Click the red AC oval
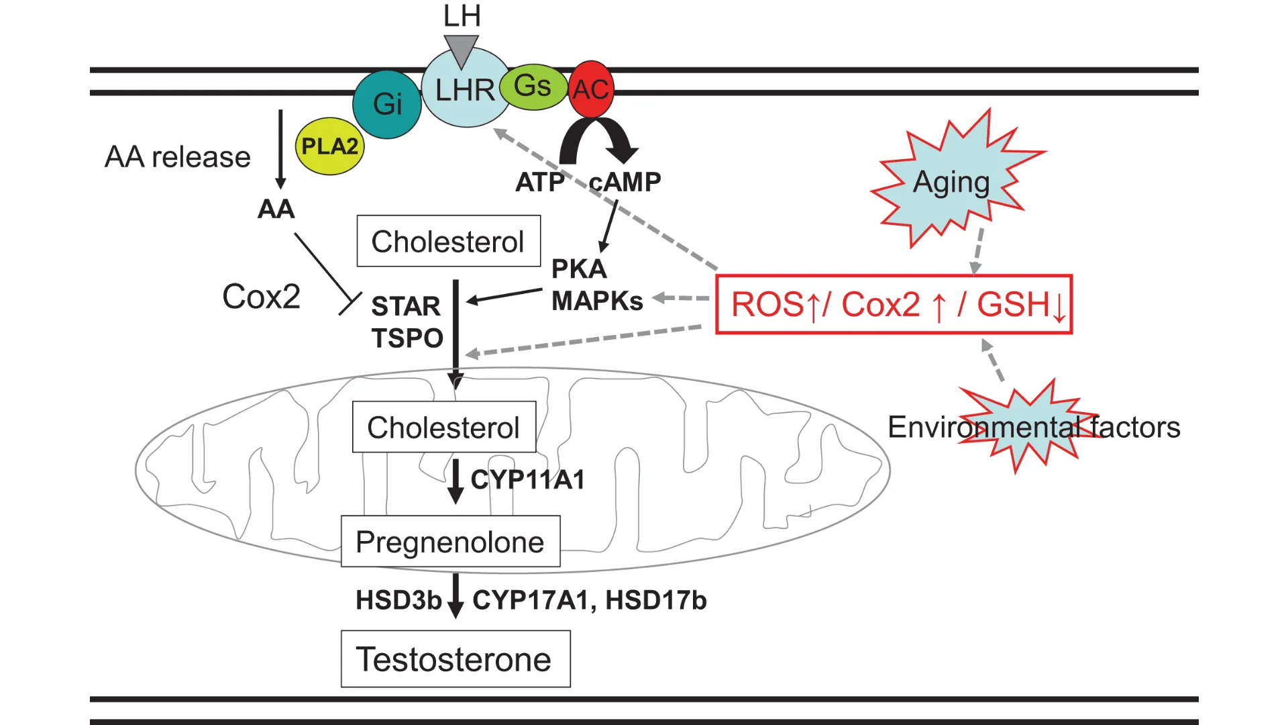coord(591,89)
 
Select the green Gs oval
coord(533,87)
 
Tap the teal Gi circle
coord(387,104)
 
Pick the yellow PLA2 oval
coord(329,146)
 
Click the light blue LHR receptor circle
coord(464,91)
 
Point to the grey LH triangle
coord(461,51)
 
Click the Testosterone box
coord(455,659)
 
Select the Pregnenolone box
coord(450,541)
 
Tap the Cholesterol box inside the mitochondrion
coord(443,427)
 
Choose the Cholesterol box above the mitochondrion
coord(448,241)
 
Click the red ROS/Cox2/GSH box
coord(894,304)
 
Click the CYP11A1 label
coord(528,479)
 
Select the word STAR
coord(406,306)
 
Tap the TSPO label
coord(407,338)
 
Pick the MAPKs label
coord(597,301)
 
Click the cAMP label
coord(625,182)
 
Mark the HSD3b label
coord(398,600)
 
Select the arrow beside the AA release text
coord(280,149)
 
